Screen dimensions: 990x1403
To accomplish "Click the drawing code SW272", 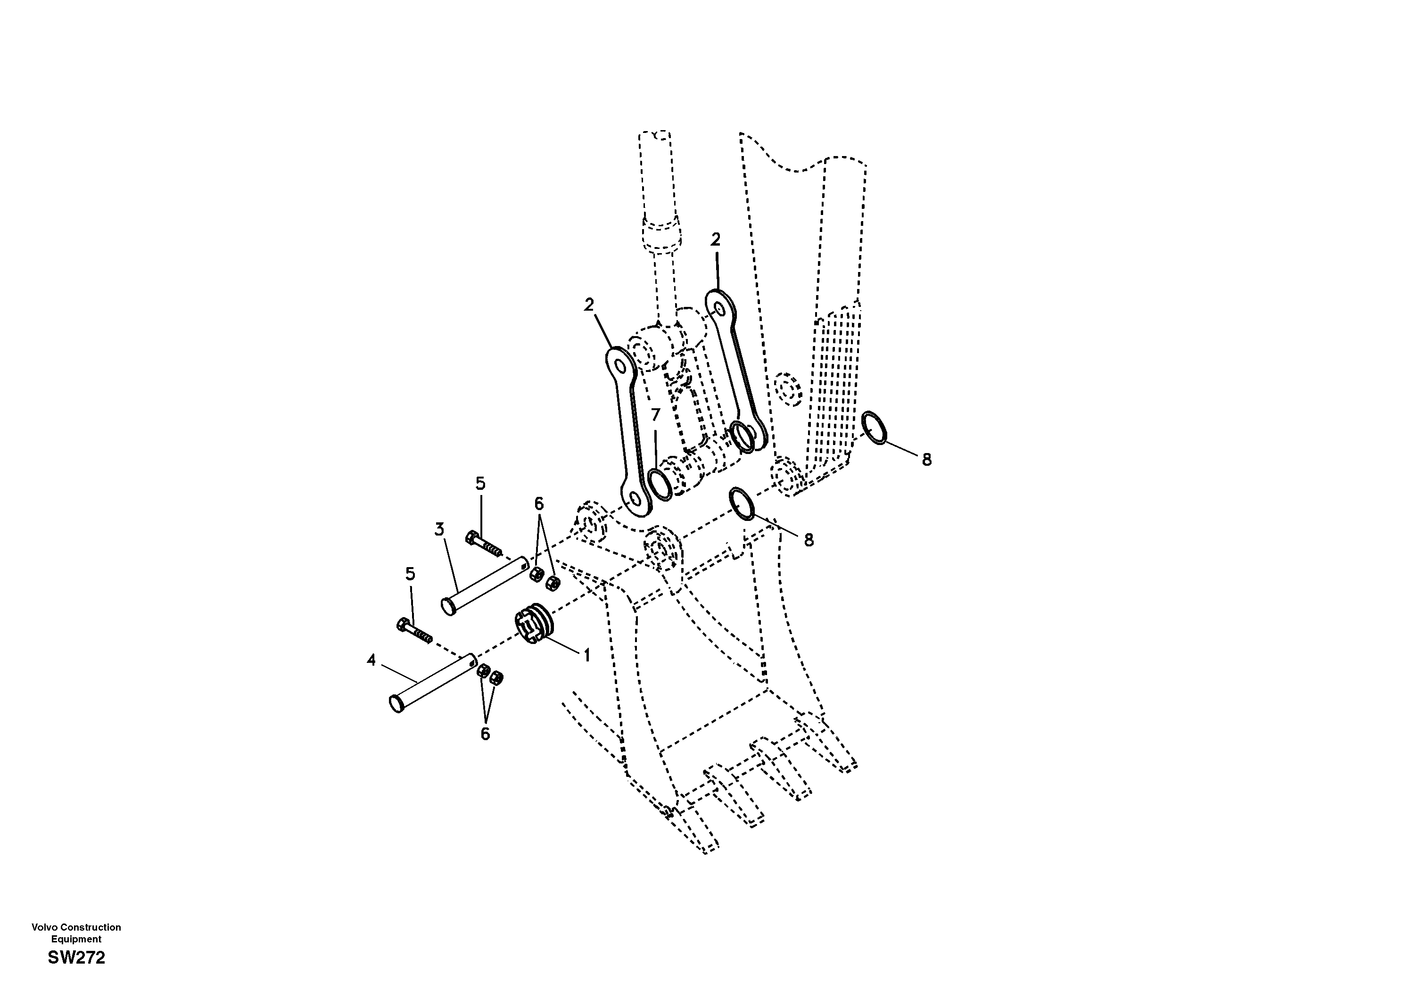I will coord(76,957).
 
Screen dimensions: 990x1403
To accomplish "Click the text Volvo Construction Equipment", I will coord(76,932).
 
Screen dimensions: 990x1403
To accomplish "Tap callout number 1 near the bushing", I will coord(586,655).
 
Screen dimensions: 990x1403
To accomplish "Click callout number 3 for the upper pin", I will coord(439,529).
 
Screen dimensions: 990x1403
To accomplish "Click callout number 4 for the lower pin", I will coord(371,660).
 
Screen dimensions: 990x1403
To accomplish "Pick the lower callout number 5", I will coord(410,574).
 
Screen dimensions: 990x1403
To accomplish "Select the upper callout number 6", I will coord(538,503).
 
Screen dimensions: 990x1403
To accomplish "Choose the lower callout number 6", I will coord(485,734).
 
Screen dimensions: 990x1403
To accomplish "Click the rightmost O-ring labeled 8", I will coord(874,429).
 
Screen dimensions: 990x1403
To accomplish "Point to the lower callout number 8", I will coord(809,540).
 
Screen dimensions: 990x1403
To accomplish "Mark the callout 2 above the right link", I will coord(716,239).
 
